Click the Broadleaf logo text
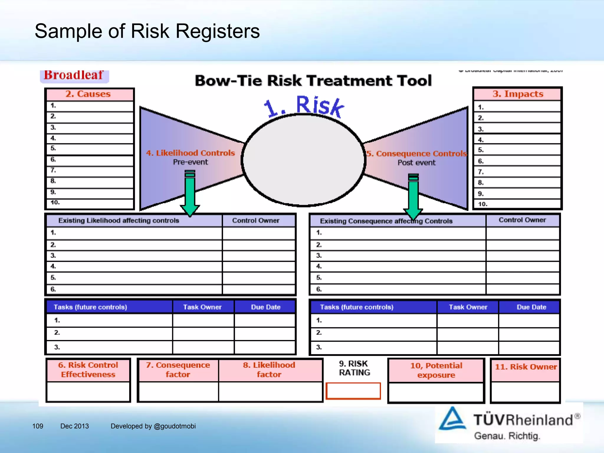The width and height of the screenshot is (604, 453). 73,75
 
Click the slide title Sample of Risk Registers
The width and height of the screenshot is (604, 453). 147,31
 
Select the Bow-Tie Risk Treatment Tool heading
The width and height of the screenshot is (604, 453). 313,81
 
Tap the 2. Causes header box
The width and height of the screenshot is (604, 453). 88,94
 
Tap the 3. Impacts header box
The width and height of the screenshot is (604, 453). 518,94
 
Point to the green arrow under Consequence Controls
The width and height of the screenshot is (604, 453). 413,196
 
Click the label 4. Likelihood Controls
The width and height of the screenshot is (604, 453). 191,153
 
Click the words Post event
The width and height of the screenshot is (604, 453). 416,163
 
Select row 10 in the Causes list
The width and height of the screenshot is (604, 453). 90,203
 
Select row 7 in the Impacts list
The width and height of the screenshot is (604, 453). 518,172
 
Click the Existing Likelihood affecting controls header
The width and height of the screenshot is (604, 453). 119,221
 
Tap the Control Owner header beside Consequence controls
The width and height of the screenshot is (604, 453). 522,220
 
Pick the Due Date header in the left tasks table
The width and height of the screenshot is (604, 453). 265,307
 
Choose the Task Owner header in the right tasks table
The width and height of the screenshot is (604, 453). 468,307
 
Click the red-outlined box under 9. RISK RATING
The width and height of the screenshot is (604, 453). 353,391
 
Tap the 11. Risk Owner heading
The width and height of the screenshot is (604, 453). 526,367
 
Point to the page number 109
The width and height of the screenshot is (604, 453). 38,426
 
